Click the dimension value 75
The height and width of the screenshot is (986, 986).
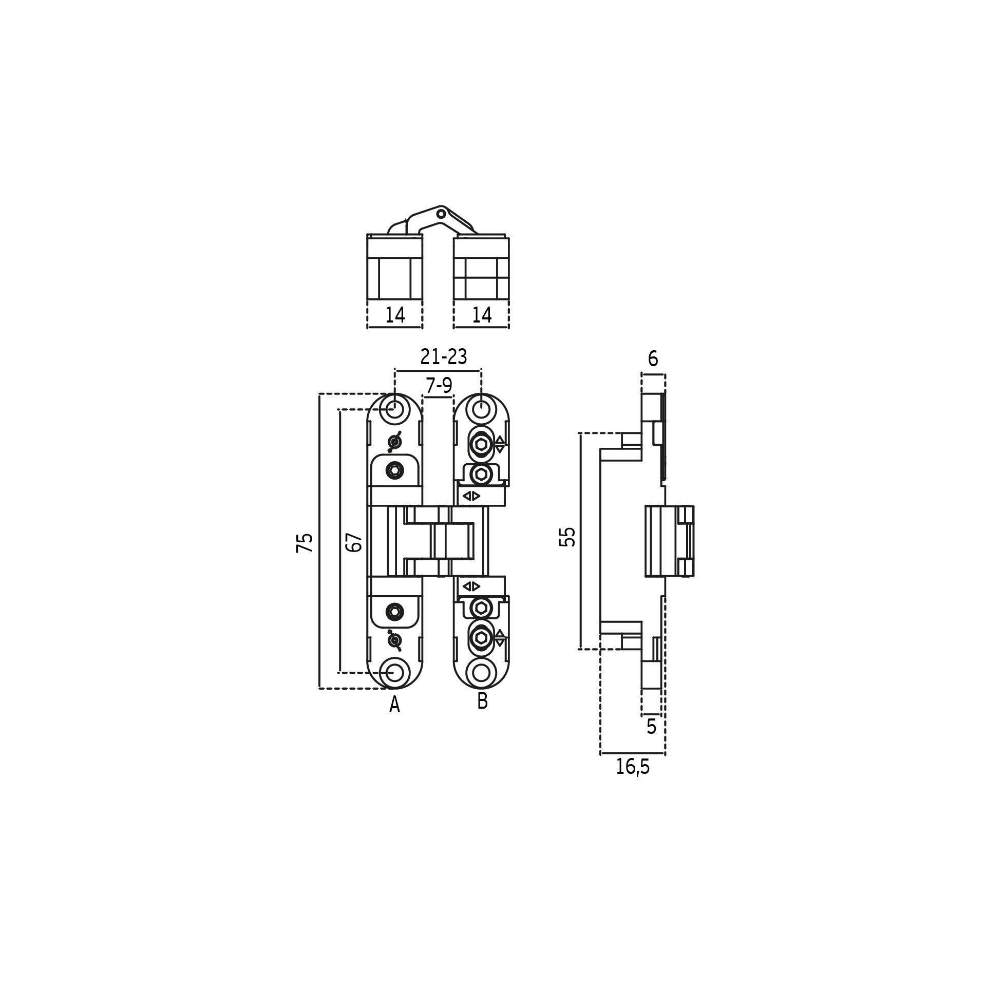click(x=305, y=543)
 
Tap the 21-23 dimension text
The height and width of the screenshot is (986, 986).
click(x=444, y=357)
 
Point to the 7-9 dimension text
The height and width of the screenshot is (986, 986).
click(x=439, y=386)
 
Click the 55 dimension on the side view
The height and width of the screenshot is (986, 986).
click(x=567, y=537)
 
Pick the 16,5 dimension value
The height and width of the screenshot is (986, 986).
click(x=633, y=782)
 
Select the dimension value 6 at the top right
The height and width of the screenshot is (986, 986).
click(x=653, y=359)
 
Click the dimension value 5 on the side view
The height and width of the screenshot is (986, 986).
click(x=652, y=726)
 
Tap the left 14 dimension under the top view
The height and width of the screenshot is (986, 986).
click(x=395, y=315)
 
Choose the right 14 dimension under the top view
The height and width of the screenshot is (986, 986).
click(x=482, y=315)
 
